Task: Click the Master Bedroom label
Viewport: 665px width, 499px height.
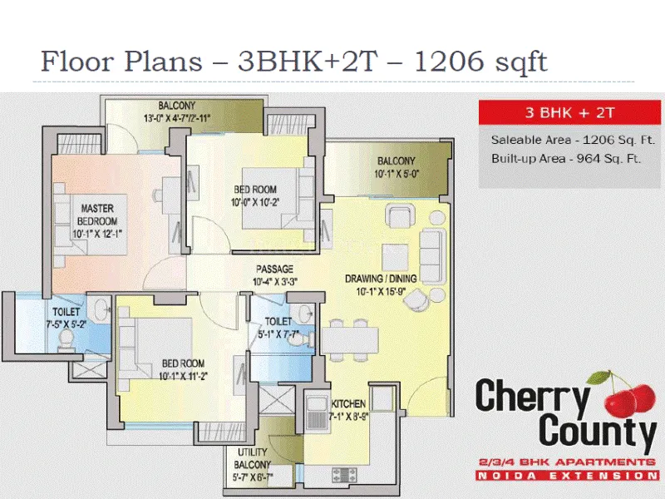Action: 97,214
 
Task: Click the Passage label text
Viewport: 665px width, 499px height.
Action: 274,269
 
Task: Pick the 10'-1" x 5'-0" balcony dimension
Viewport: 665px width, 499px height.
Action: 397,175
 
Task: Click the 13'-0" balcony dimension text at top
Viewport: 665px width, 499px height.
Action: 176,118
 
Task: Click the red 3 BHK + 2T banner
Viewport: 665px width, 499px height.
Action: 568,111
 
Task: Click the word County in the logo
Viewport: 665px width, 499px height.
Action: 598,432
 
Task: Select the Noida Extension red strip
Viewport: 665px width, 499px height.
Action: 566,476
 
